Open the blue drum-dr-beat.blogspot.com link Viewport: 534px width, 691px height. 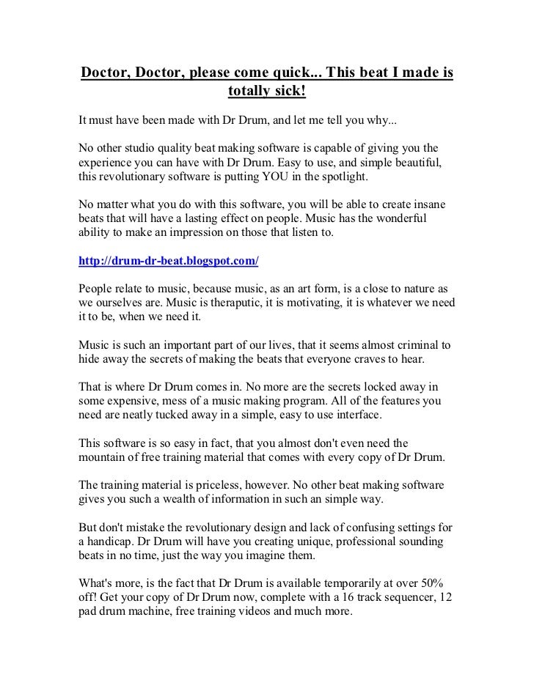pos(168,261)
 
